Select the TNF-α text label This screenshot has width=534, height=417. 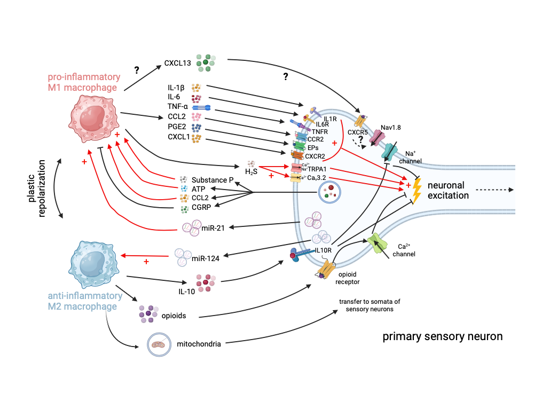click(x=179, y=107)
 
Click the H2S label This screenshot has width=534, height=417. click(x=251, y=171)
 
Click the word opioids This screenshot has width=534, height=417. click(x=174, y=316)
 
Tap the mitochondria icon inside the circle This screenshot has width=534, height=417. click(x=159, y=345)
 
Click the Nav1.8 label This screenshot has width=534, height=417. click(x=391, y=128)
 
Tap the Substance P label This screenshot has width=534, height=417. click(x=213, y=180)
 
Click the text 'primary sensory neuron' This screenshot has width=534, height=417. click(x=443, y=337)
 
